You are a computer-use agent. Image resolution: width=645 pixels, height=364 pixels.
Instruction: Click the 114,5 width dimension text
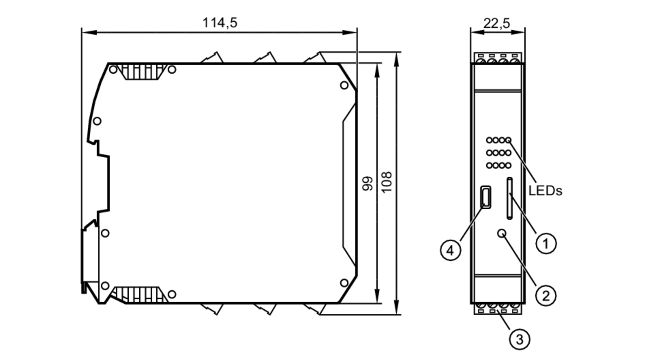coord(220,23)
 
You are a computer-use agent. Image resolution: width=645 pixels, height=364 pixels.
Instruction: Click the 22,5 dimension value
coord(497,23)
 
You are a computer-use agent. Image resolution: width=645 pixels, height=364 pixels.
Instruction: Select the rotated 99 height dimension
coord(368,183)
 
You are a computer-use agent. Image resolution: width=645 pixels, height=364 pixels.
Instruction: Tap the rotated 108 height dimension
coord(386,182)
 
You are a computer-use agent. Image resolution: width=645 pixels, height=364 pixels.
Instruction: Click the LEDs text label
coord(545,191)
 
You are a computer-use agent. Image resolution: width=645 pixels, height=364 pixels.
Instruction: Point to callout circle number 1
coord(546,243)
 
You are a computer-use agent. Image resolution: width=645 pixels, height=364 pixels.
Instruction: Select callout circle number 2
coord(546,296)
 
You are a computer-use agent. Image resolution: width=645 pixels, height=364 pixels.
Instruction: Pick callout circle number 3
coord(520,339)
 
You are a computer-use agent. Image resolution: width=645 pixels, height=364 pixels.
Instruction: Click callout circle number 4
coord(451,250)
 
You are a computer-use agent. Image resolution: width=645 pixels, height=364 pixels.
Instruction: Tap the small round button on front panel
coord(502,233)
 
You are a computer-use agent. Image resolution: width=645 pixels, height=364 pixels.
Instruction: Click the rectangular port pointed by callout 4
coord(486,197)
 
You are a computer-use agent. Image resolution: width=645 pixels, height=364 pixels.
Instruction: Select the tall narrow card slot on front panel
coord(510,198)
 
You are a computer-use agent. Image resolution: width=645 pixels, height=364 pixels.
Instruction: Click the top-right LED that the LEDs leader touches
coord(508,140)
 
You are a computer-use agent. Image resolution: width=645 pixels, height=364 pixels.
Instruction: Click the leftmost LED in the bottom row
coord(490,165)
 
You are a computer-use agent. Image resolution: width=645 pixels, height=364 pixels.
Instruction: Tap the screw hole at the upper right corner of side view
coord(344,85)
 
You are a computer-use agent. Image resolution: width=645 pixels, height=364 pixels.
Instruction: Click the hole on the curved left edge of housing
coord(97,121)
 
